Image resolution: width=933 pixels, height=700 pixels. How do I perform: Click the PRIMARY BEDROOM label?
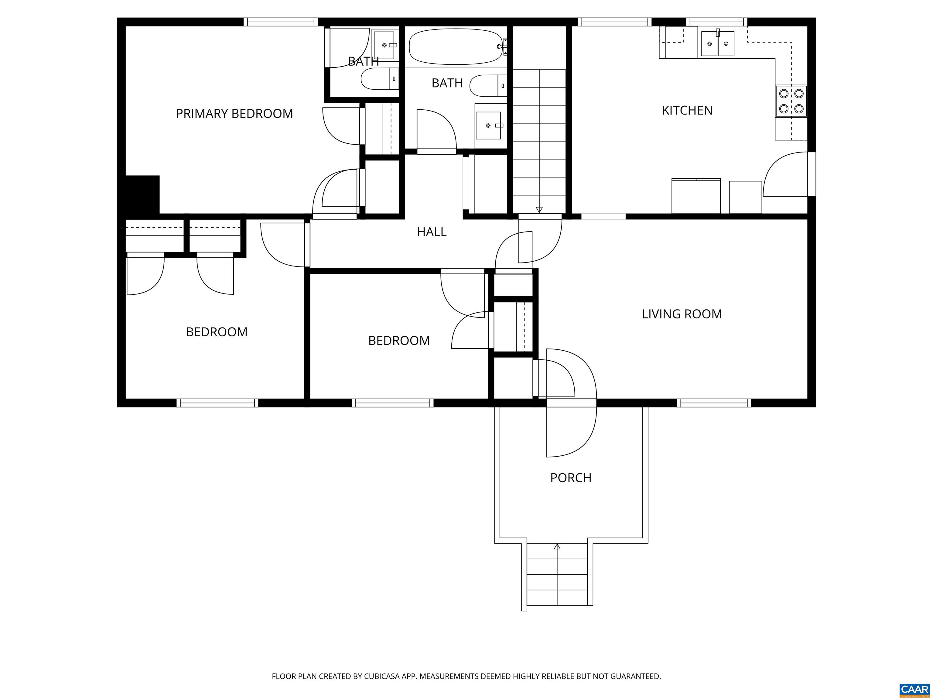[234, 114]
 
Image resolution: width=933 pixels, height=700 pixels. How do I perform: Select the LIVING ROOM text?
[682, 314]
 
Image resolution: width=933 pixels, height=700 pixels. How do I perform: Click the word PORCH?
[571, 478]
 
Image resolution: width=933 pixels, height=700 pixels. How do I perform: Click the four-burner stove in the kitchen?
[791, 101]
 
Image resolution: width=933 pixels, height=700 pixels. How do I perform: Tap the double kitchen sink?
[717, 44]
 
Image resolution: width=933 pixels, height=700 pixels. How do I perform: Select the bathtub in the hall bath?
[456, 46]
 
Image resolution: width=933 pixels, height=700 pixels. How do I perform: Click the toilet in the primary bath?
[379, 79]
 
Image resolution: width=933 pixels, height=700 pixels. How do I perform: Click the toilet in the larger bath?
[487, 85]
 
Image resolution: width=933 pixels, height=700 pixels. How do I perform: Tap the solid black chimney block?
[142, 194]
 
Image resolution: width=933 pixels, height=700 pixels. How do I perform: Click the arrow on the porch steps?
[557, 547]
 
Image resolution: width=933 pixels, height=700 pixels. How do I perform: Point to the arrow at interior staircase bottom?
[539, 210]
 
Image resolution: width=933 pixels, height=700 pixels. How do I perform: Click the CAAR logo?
[914, 689]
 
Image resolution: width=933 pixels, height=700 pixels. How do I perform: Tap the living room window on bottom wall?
[714, 403]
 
